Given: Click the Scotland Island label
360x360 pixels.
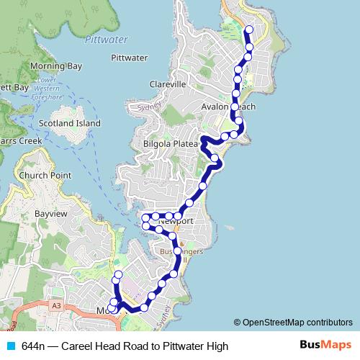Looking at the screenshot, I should click(x=70, y=123).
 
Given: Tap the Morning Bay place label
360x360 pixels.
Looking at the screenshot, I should click(x=55, y=66).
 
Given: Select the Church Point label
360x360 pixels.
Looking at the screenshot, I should click(x=45, y=175).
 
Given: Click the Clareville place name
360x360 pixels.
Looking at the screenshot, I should click(x=168, y=84).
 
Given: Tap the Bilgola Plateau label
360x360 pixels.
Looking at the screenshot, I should click(x=170, y=143).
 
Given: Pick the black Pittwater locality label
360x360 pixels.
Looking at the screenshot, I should click(x=130, y=58).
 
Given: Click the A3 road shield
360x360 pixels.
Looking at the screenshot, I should click(x=55, y=306).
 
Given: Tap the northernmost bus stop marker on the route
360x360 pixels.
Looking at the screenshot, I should click(x=249, y=30).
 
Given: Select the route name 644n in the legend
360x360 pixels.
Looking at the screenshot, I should click(x=33, y=346).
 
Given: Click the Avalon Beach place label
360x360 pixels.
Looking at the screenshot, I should click(x=228, y=107).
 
